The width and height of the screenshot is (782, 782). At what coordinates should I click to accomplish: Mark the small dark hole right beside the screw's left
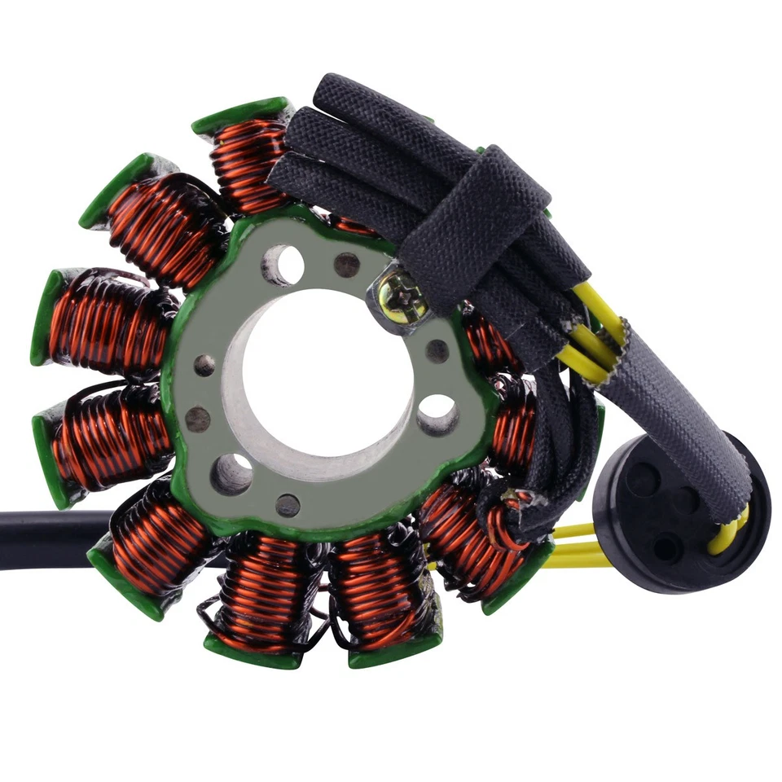pyautogui.click(x=347, y=264)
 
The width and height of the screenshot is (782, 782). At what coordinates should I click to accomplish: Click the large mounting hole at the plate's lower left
pyautogui.click(x=231, y=473)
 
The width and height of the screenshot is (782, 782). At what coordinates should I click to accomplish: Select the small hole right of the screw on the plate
pyautogui.click(x=437, y=351)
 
